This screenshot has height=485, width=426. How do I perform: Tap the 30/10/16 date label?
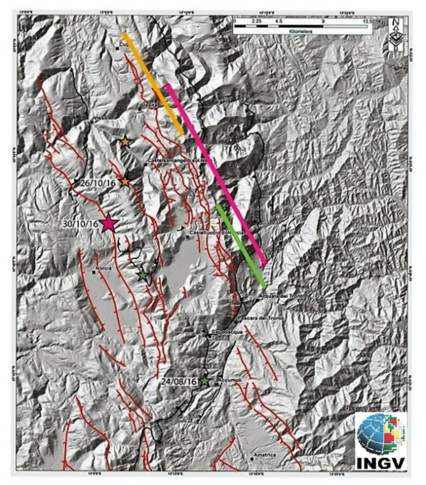point(80,224)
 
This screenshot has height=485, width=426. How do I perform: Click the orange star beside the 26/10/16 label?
point(125,182)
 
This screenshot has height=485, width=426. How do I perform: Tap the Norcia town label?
point(104,269)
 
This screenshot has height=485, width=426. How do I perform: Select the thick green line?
point(241,246)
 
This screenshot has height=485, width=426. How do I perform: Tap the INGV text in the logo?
point(381,463)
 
